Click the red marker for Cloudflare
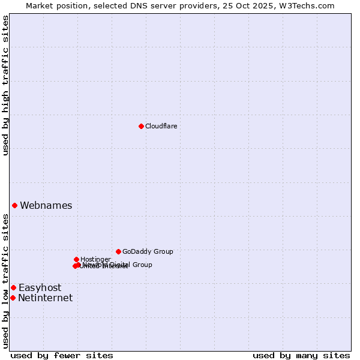(141, 126)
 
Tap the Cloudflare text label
(161, 126)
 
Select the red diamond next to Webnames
(14, 205)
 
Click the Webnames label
(46, 205)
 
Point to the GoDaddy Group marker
(118, 251)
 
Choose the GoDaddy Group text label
(148, 251)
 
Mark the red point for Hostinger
(76, 259)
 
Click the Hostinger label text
(95, 259)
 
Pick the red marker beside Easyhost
(13, 287)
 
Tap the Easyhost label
(40, 287)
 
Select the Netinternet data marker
(13, 298)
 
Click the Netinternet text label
(45, 298)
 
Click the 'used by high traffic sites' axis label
(6, 85)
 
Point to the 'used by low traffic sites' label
(6, 281)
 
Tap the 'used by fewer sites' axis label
(62, 355)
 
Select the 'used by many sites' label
(301, 355)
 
